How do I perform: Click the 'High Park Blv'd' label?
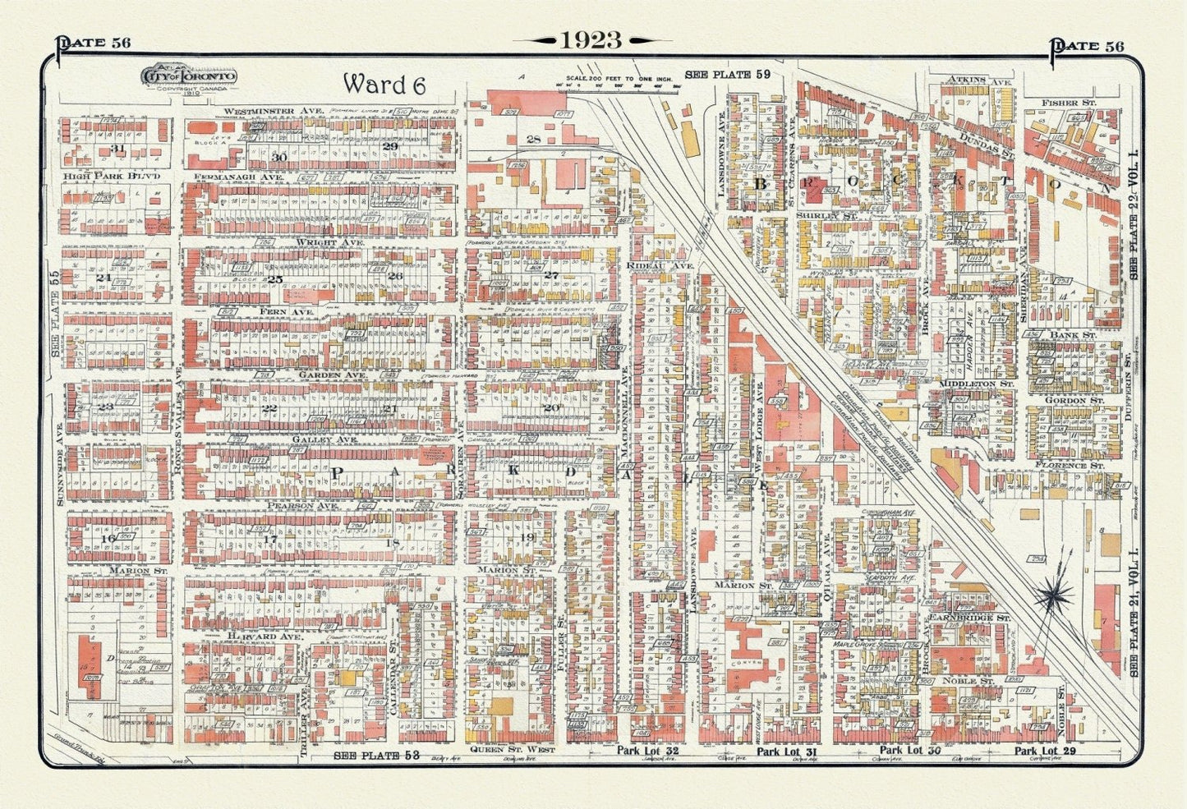[111, 177]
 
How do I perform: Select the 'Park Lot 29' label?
[1045, 751]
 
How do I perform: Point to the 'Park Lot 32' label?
[649, 751]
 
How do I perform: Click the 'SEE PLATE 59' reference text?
[728, 75]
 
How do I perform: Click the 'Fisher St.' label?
[1068, 103]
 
